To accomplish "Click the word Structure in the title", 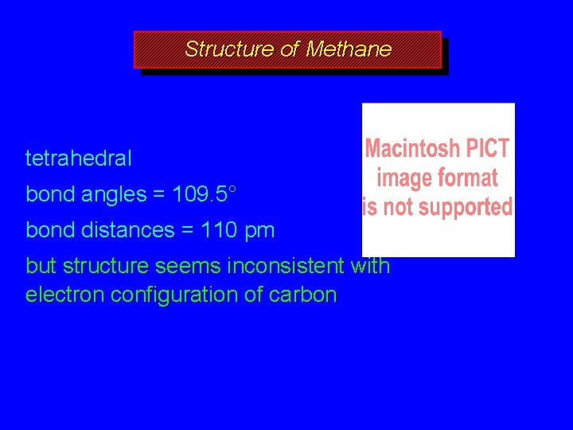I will (x=229, y=49).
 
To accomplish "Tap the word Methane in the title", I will (x=349, y=49).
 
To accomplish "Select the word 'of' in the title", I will (x=290, y=49).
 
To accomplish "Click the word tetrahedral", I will (x=79, y=158).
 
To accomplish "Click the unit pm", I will (x=259, y=232).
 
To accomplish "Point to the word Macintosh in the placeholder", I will (x=411, y=149).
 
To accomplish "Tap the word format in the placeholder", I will (x=469, y=178).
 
